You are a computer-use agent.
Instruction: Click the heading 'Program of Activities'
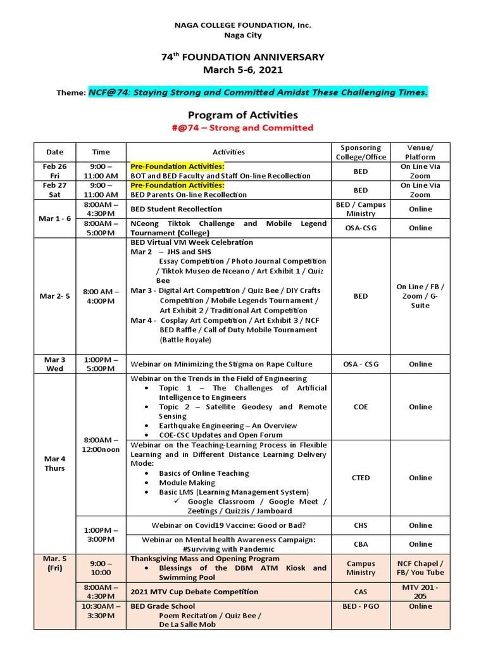point(243,115)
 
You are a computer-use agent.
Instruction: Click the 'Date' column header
point(54,152)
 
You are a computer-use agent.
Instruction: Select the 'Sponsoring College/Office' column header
point(361,152)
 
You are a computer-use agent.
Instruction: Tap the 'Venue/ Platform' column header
point(420,152)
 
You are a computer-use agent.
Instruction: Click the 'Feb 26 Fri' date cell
point(54,171)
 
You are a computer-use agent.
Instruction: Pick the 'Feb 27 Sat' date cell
point(54,190)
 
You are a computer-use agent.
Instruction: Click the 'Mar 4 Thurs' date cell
point(54,463)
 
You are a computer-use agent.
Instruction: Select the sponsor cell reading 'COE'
point(361,407)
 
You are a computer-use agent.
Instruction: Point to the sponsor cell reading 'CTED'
point(361,478)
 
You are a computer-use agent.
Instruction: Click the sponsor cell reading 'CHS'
point(361,525)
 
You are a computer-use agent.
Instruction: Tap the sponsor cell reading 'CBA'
point(361,544)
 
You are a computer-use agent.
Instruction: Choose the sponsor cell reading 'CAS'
point(361,592)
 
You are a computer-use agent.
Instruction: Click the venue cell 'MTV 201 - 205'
point(420,592)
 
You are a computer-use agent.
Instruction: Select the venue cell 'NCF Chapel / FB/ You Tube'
point(420,568)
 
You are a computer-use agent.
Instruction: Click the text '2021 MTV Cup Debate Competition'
point(194,592)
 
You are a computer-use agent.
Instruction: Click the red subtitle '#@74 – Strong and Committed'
point(243,128)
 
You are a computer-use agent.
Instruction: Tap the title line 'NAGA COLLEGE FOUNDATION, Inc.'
point(243,25)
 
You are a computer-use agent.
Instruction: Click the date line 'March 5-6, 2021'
point(243,70)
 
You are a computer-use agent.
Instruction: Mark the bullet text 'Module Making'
point(188,483)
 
